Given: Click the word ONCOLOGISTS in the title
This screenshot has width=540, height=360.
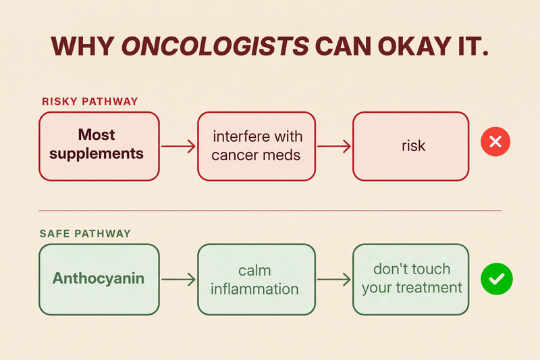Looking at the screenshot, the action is [x=215, y=46].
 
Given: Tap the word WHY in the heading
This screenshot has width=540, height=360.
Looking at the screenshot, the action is [x=82, y=46].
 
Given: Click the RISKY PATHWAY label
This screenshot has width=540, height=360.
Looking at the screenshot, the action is [x=90, y=101].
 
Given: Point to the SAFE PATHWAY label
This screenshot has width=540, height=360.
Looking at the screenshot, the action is [x=85, y=234].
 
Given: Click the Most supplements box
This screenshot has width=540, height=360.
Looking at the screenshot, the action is [x=99, y=146].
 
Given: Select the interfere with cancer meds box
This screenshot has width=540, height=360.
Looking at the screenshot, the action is [x=256, y=146].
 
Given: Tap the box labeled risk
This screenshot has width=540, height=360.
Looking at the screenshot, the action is [x=411, y=146].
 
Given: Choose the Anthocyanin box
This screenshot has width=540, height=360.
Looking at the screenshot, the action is [x=99, y=280].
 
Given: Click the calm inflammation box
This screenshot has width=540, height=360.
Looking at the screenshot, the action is [x=256, y=280].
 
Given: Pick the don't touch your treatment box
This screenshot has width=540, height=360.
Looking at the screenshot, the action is [x=411, y=280].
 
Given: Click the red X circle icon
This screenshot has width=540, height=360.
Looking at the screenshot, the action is [x=495, y=142].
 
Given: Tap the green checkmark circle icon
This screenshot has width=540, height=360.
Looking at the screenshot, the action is [x=497, y=279].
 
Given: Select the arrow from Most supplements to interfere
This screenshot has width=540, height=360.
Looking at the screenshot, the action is [x=178, y=146].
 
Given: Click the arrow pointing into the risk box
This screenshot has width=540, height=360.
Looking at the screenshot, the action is [x=334, y=146].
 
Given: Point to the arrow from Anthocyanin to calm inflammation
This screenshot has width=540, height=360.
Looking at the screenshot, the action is [x=178, y=280].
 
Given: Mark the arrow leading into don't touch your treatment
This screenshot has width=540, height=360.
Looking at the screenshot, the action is [x=334, y=280].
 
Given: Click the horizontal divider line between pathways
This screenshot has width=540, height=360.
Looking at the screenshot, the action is [x=270, y=210].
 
